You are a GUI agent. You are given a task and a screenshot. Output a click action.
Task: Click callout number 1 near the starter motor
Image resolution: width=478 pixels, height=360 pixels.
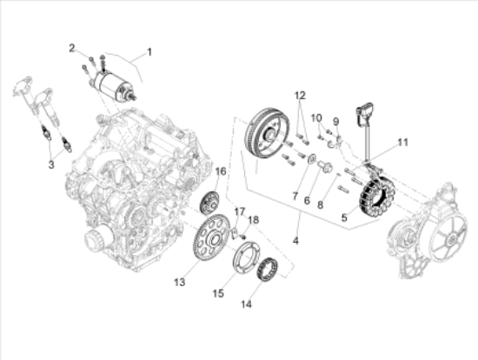(x=149, y=52)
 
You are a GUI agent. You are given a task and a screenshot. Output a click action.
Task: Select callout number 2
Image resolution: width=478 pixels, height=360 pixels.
(x=73, y=48)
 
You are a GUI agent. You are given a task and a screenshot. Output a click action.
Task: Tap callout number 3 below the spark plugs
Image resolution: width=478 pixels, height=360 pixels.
(x=50, y=163)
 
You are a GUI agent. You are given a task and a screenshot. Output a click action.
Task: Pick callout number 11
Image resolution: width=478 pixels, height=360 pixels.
(x=402, y=142)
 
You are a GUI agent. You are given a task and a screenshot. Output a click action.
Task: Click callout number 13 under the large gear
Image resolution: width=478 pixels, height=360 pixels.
(x=181, y=282)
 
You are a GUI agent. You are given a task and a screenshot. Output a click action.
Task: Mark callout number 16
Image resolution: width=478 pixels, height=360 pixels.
(x=220, y=171)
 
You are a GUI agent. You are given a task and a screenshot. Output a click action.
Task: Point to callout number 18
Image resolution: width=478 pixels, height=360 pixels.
(x=256, y=221)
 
